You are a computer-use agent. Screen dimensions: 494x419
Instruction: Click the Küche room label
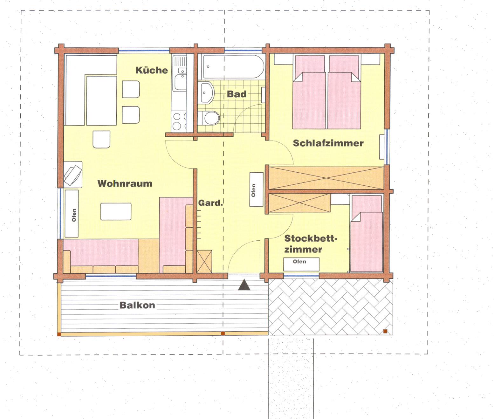tap(152, 70)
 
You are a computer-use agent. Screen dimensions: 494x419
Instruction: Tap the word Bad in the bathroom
tap(237, 94)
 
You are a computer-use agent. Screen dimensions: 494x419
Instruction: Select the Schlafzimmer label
tap(328, 143)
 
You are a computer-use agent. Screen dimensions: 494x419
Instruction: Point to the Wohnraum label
tap(125, 183)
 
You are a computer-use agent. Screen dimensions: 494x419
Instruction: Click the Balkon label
tap(137, 305)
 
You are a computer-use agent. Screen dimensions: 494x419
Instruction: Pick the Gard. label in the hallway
tap(210, 203)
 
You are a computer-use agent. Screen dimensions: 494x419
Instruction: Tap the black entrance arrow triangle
tap(244, 285)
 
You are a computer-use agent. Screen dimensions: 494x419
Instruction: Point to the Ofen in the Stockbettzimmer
tap(301, 264)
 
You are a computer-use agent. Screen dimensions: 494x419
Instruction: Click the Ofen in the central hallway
tap(257, 189)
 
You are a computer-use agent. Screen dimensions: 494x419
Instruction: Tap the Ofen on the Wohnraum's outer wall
tap(72, 213)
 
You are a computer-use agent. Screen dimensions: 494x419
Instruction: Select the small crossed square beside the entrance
tap(204, 262)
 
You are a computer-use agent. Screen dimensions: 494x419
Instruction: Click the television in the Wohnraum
tap(73, 175)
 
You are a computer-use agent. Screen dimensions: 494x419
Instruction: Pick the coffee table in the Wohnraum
tap(116, 211)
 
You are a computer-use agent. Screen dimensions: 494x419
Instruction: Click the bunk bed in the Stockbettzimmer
tap(367, 234)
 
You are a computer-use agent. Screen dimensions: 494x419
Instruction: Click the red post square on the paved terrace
tap(385, 331)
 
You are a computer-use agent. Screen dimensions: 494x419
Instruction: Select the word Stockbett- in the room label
tap(311, 238)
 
